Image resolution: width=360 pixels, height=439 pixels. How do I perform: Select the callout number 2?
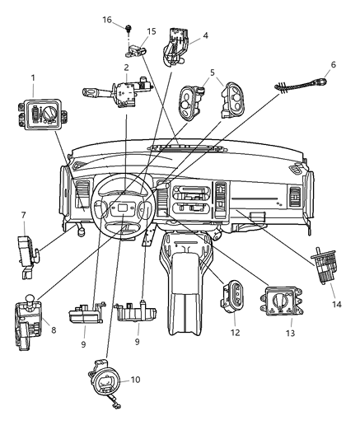(x=126, y=68)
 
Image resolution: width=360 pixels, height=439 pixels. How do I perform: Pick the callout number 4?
(x=205, y=35)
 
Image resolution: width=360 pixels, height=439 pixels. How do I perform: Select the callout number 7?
(x=23, y=215)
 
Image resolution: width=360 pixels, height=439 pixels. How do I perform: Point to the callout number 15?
(x=151, y=31)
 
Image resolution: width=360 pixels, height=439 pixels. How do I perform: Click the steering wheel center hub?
(x=124, y=212)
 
